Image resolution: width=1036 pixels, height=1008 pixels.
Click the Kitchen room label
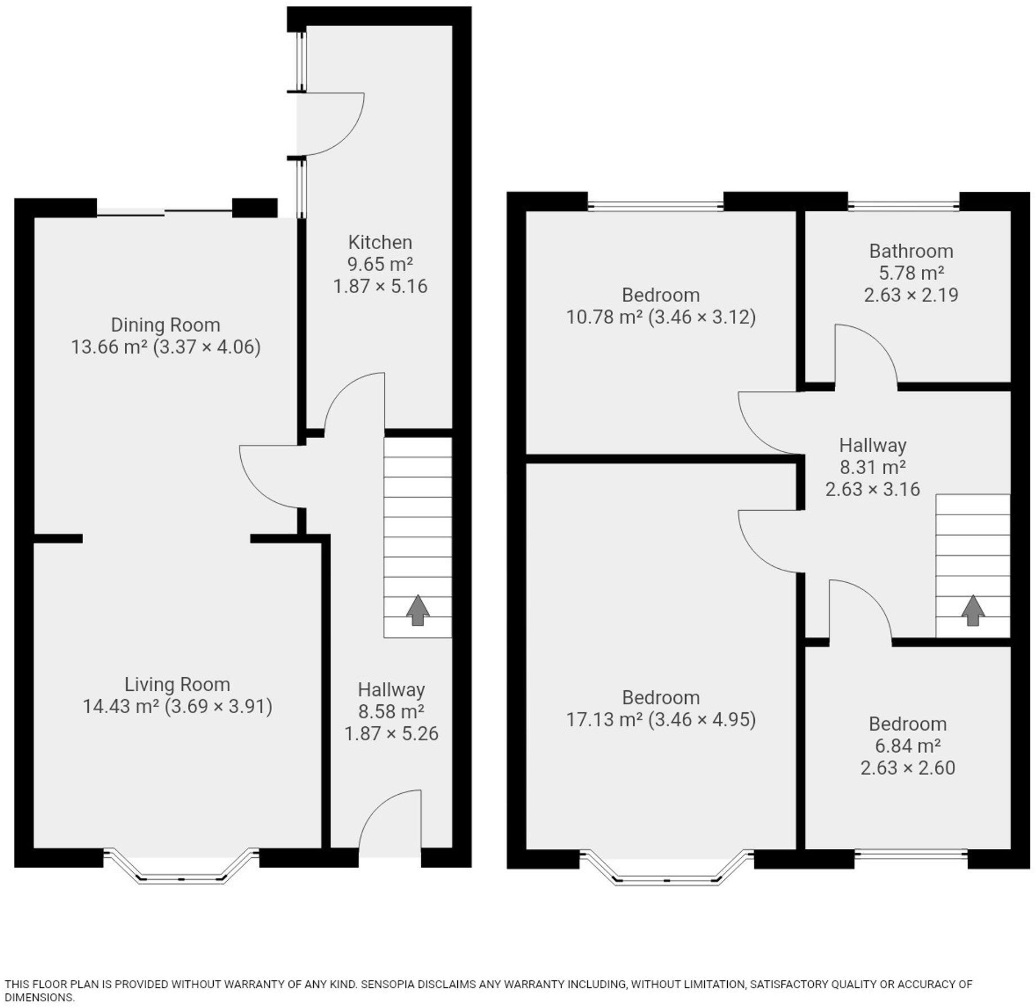point(380,242)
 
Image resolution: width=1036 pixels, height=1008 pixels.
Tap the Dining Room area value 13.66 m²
point(109,347)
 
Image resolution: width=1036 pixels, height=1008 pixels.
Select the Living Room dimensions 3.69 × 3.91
point(218,706)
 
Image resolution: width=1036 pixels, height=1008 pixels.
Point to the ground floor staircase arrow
point(417,610)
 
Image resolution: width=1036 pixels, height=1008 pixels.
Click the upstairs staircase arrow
point(972,610)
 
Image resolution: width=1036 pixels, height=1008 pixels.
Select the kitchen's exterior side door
point(329,124)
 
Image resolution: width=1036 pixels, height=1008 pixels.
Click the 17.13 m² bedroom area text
point(604,720)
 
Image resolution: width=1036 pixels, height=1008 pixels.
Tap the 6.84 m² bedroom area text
point(907,746)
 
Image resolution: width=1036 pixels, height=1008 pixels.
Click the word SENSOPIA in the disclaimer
point(388,984)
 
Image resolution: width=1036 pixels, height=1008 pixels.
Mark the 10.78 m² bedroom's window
point(655,206)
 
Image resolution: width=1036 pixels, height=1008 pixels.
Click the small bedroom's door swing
point(858,610)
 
